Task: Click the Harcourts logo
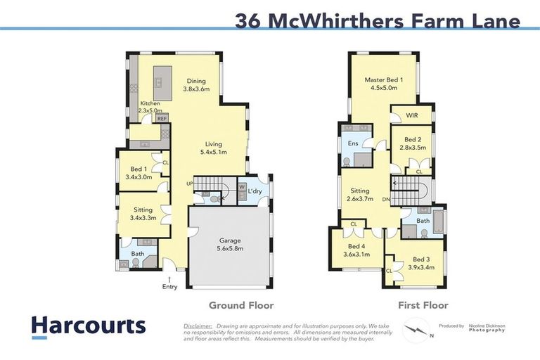tap(88, 326)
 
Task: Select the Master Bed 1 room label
tap(384, 84)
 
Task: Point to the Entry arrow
tap(169, 279)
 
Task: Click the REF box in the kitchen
tap(162, 119)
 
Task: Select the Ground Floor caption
tap(241, 305)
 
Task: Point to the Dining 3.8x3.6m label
tap(196, 85)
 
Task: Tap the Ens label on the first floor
tap(352, 144)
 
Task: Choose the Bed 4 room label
tap(356, 251)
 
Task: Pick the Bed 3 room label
tap(420, 264)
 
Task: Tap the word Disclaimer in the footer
tap(198, 326)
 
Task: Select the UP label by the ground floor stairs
tap(189, 184)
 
